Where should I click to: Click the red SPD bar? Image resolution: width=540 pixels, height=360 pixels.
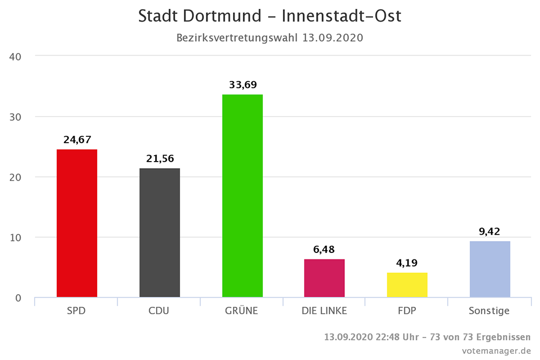77,223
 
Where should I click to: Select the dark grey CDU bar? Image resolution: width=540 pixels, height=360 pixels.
159,232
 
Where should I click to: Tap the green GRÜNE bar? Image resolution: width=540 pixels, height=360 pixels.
242,196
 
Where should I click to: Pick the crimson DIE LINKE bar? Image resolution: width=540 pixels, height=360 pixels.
324,278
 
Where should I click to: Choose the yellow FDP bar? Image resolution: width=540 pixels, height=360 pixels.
407,285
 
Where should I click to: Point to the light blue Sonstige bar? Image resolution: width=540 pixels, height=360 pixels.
490,269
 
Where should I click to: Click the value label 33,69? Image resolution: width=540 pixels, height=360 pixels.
242,84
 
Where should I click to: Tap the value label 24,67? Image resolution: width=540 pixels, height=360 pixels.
77,139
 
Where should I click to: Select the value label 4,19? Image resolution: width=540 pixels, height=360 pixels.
407,263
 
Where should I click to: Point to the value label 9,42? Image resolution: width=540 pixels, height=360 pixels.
490,231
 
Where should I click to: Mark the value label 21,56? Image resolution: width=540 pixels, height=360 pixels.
159,158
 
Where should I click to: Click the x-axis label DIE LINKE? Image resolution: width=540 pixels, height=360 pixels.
324,311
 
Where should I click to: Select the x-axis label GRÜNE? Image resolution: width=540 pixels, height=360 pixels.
242,311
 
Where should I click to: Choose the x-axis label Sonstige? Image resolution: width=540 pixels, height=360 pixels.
490,311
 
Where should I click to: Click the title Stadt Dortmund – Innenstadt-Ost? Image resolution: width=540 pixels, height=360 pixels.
270,16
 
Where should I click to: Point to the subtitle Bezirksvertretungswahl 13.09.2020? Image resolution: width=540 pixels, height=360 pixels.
270,38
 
